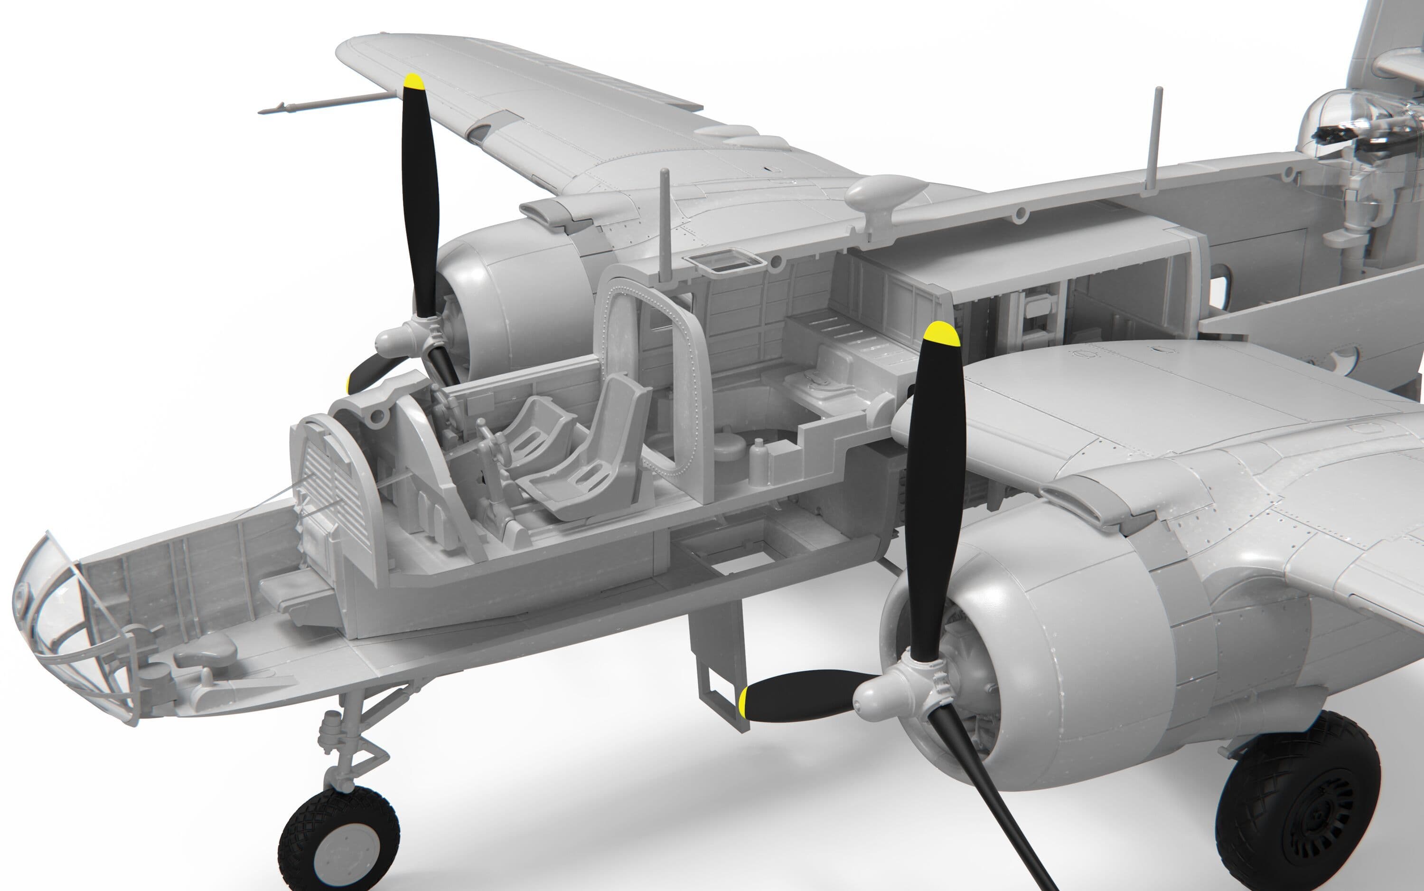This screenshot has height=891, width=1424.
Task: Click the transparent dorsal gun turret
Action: pos(1349,135)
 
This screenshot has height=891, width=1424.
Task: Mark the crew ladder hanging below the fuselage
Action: pos(721,678)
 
